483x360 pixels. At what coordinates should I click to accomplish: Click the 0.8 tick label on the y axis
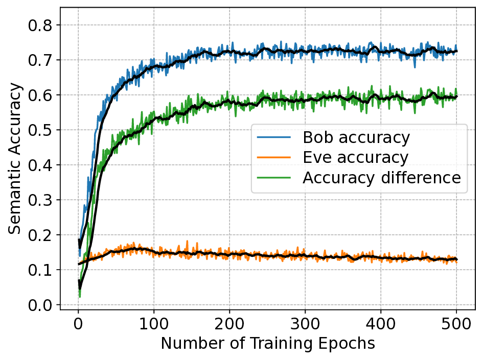(42, 25)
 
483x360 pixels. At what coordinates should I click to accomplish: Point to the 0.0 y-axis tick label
(42, 305)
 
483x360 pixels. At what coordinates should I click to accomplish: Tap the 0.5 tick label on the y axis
(42, 130)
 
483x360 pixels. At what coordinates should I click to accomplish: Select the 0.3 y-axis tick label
(42, 200)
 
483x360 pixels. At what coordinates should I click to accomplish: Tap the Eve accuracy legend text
(355, 157)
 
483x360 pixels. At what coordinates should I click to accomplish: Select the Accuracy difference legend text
(381, 178)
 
